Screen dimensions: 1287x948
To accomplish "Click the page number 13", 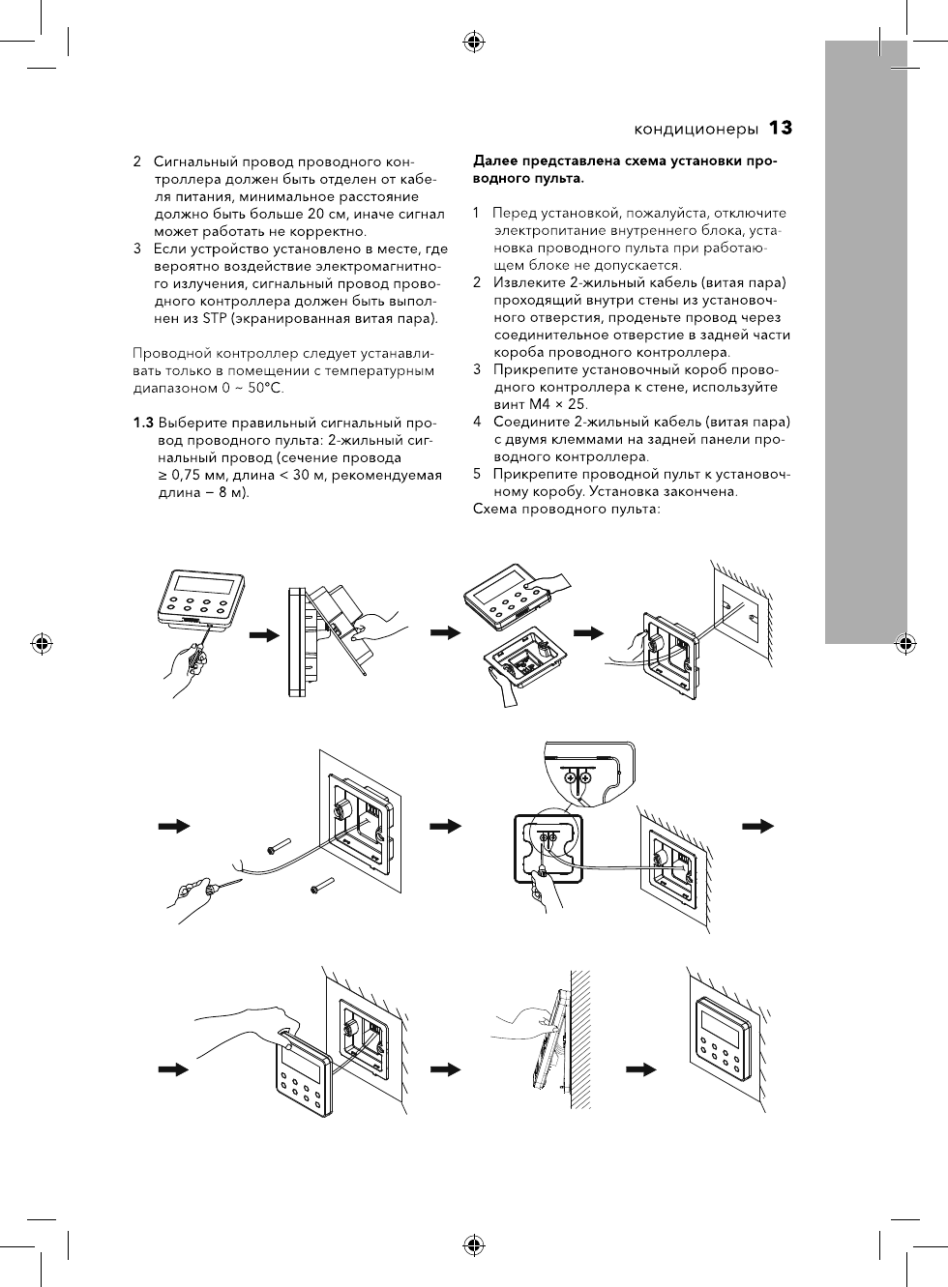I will click(781, 128).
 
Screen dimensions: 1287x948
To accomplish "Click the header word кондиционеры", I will click(696, 129).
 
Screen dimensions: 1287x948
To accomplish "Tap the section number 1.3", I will click(143, 423).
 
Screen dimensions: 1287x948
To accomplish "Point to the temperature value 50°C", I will click(265, 388).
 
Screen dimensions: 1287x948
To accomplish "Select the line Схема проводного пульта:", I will click(566, 509).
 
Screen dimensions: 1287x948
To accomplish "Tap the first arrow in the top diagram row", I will click(263, 635).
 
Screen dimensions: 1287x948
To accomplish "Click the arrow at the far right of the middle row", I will click(759, 825).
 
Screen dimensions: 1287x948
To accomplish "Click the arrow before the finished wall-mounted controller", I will click(641, 1069).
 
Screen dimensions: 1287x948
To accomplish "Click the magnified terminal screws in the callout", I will click(578, 777).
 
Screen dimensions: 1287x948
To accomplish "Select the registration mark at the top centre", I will click(474, 41).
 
